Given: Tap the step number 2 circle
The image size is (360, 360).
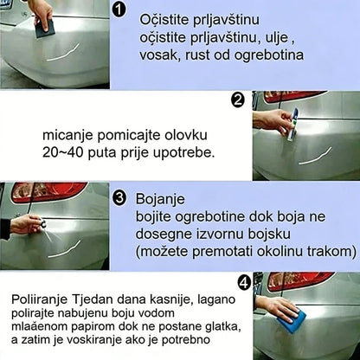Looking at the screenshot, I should [238, 100].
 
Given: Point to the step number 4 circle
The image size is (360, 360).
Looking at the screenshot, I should [244, 281].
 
